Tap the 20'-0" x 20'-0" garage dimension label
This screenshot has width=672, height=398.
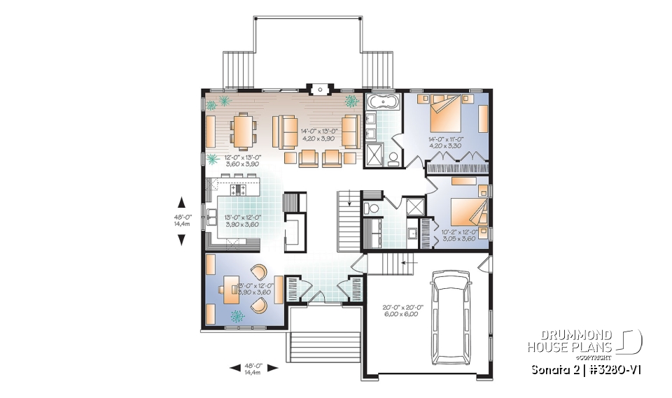pyautogui.click(x=400, y=311)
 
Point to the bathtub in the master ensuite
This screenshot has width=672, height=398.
pyautogui.click(x=383, y=104)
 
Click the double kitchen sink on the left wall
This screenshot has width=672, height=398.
pyautogui.click(x=211, y=213)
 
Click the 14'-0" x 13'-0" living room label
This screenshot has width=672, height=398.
pyautogui.click(x=319, y=134)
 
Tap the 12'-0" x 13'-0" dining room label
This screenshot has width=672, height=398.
pyautogui.click(x=242, y=160)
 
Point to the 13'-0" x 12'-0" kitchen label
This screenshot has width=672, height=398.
pyautogui.click(x=241, y=221)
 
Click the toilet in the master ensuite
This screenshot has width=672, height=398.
pyautogui.click(x=393, y=156)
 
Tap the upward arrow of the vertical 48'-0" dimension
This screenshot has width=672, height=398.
pyautogui.click(x=181, y=202)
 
